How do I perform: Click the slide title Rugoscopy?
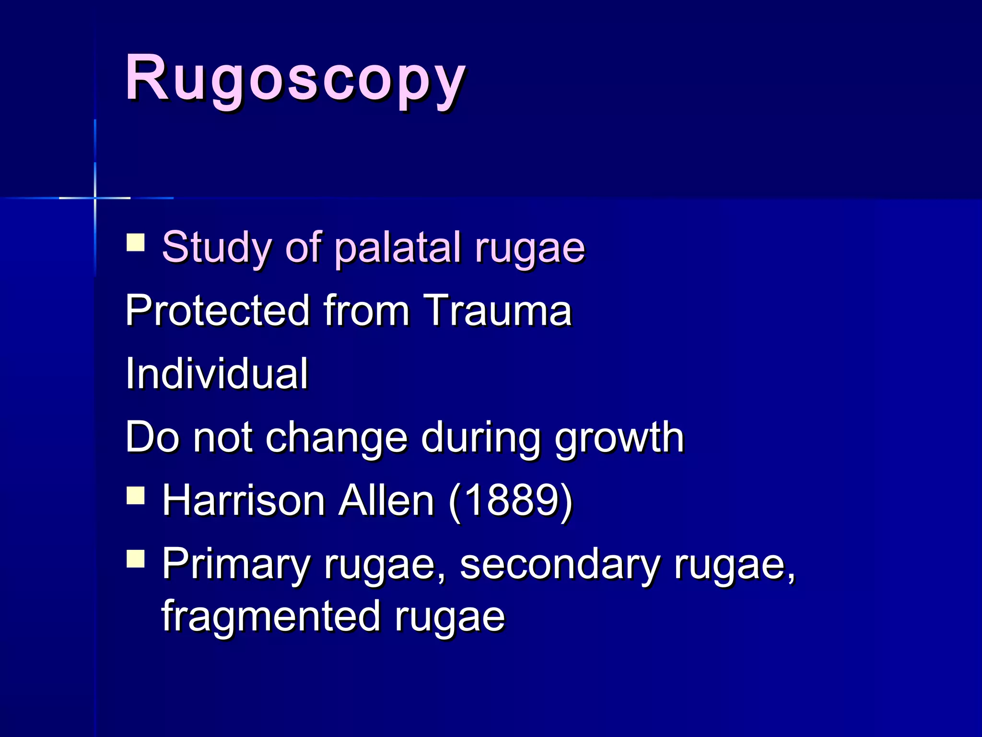pos(295,79)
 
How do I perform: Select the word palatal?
pos(398,248)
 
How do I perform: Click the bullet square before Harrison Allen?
pos(136,496)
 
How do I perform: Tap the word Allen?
pos(386,501)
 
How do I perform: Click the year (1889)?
pos(511,501)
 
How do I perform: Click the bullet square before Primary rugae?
pos(136,559)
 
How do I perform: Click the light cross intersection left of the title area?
pos(95,198)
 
